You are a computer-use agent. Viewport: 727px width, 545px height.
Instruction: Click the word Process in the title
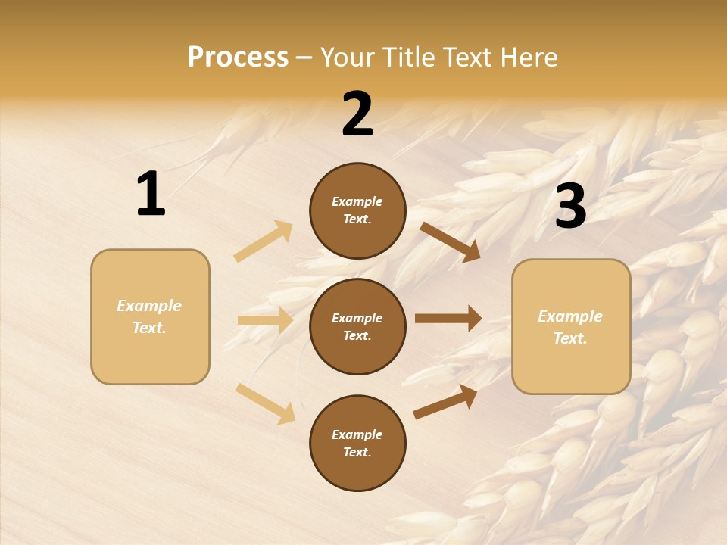coord(238,58)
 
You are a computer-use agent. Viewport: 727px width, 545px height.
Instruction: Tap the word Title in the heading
coord(407,58)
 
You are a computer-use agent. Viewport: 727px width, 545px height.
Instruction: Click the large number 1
coord(151,195)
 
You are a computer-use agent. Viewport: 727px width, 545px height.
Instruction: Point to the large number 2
coord(357,114)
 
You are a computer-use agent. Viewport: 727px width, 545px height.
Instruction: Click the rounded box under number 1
coord(150,316)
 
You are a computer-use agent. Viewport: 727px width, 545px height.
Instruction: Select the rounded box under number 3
coord(571,327)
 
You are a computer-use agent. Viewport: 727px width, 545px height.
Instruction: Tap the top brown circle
coord(357,210)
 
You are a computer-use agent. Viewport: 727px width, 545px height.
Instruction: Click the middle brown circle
coord(357,327)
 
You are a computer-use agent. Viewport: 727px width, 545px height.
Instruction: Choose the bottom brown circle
coord(357,444)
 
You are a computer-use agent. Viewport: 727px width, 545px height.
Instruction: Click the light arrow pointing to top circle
coord(264,241)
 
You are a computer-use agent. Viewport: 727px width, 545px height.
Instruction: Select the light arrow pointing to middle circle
coord(265,320)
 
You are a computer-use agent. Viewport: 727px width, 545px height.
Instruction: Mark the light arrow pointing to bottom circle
coord(265,403)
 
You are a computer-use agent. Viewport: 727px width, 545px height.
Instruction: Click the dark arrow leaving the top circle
coord(450,242)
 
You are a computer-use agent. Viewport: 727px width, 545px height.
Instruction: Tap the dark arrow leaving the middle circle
coord(448,319)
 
